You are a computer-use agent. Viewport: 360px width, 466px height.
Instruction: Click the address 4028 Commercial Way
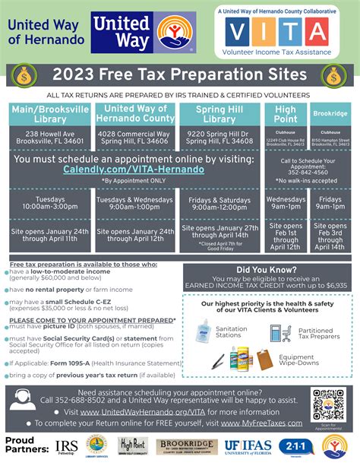134,135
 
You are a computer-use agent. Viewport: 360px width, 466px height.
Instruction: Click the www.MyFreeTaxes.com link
267,423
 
